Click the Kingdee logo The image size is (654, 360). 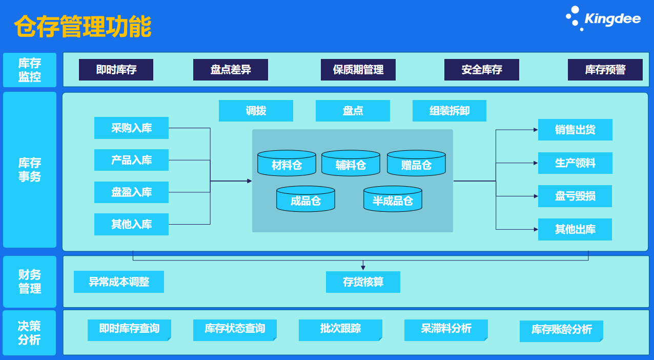(603, 19)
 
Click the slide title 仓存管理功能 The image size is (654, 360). (83, 27)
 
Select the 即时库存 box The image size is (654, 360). (116, 70)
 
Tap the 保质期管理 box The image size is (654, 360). (358, 70)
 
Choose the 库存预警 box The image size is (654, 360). (605, 70)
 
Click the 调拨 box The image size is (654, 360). (256, 111)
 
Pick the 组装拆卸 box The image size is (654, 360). (449, 111)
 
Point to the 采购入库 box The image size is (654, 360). (131, 128)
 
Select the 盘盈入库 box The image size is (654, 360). (131, 192)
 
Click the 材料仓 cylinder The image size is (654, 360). (287, 163)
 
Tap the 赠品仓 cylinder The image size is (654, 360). (416, 163)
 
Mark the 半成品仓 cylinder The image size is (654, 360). (393, 199)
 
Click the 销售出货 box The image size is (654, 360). (575, 130)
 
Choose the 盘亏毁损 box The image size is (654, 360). (575, 196)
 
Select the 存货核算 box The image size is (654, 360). (363, 282)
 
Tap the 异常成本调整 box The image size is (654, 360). (118, 282)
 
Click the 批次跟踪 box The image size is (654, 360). (340, 329)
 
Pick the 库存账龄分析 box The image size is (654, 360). (561, 330)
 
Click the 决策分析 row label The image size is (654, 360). (29, 333)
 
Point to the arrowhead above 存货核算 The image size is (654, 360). (363, 267)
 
